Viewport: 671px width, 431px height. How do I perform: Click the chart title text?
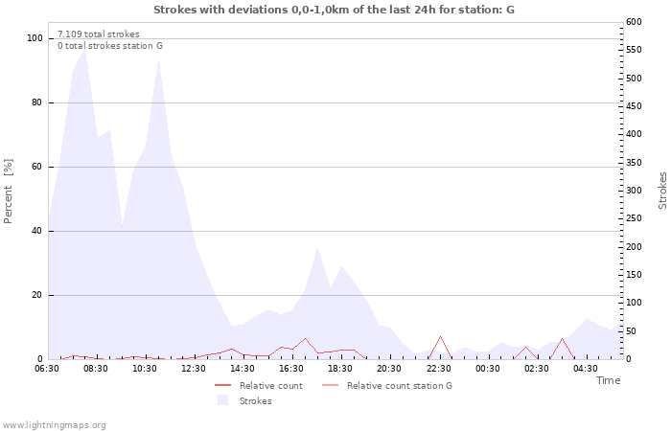334,10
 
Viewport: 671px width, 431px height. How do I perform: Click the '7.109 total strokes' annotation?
99,34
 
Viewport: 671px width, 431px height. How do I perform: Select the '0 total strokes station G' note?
110,46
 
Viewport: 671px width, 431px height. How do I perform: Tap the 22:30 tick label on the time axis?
439,369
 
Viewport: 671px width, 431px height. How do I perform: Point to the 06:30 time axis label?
47,369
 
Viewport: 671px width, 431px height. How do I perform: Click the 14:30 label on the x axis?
243,369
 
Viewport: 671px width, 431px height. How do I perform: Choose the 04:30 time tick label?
586,369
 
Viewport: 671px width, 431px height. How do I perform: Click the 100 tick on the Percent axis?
35,38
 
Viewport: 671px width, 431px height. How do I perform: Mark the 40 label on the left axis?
37,231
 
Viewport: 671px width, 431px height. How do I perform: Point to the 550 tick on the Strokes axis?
634,50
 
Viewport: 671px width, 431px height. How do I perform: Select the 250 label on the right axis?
634,218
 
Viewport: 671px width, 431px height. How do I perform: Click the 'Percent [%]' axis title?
8,192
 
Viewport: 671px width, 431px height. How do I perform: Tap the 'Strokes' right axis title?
662,191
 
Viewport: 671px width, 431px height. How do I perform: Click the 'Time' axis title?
608,380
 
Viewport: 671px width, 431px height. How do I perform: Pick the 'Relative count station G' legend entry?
387,386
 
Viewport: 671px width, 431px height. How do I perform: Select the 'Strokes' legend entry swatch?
223,400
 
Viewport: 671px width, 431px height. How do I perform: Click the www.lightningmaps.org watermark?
54,425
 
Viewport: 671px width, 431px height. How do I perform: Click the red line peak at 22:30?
440,336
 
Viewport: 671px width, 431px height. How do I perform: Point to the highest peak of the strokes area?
84,49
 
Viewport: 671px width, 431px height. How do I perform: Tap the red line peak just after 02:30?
563,338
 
